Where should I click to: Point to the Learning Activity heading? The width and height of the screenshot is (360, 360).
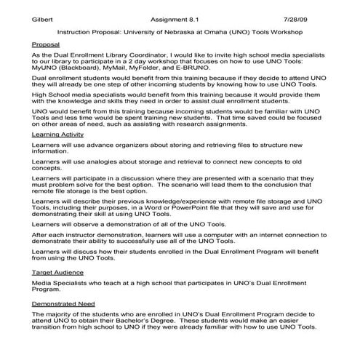click(58, 135)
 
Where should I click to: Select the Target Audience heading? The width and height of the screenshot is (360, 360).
click(56, 271)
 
